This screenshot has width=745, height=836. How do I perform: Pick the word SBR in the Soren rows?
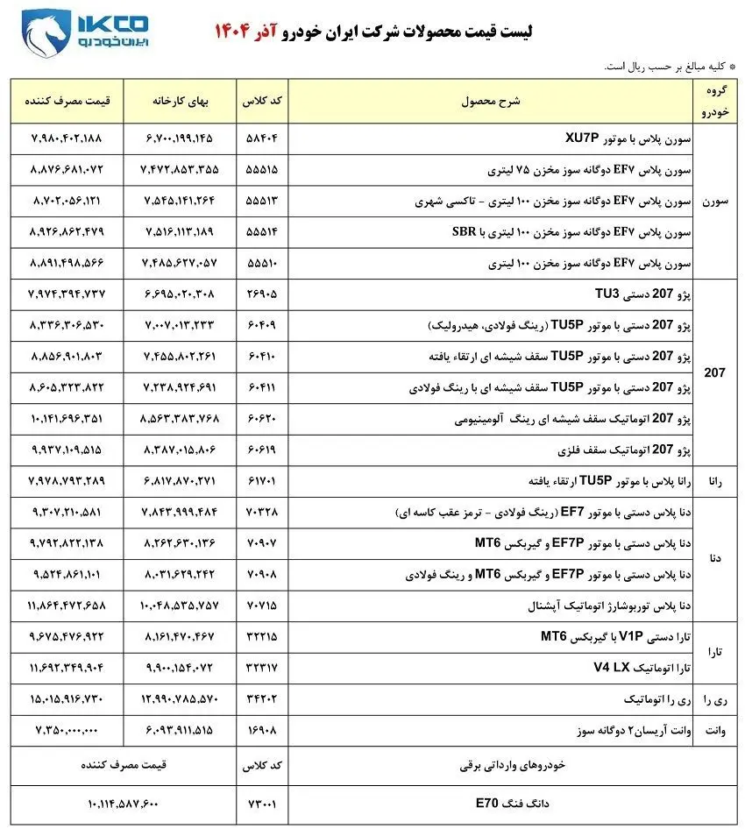coord(463,232)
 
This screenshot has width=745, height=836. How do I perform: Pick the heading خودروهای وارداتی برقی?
coord(513,765)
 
